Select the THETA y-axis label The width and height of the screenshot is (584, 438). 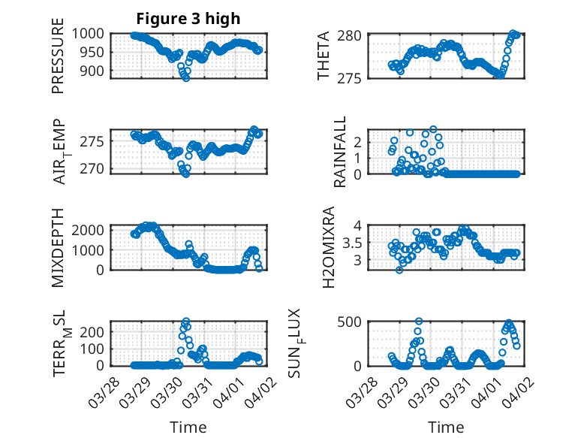[x=324, y=56]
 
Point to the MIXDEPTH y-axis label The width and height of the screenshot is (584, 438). [x=58, y=247]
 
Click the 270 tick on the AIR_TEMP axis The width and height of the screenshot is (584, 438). [x=96, y=168]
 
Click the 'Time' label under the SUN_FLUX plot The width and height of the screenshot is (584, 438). [x=446, y=427]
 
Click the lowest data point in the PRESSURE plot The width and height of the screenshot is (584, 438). [x=185, y=78]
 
